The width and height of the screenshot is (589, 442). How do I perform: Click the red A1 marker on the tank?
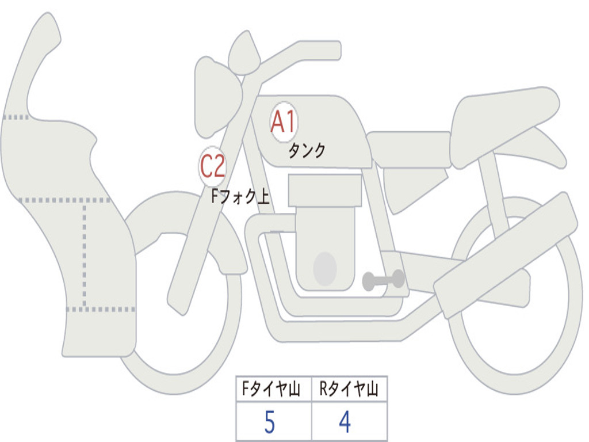pyautogui.click(x=283, y=121)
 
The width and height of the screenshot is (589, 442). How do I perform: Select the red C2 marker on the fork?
pyautogui.click(x=212, y=167)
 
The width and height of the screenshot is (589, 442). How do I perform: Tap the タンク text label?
pyautogui.click(x=307, y=151)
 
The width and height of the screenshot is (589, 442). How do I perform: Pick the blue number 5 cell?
pyautogui.click(x=269, y=423)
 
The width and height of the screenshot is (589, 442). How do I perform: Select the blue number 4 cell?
pyautogui.click(x=345, y=423)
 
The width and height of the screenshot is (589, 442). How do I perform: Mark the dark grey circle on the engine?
pyautogui.click(x=325, y=269)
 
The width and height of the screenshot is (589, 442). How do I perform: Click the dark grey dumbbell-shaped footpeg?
pyautogui.click(x=383, y=280)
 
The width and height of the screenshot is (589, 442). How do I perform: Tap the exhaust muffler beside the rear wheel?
pyautogui.click(x=506, y=253)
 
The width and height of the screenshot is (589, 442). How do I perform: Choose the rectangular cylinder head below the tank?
pyautogui.click(x=325, y=190)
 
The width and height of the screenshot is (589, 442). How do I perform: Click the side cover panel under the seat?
pyautogui.click(x=414, y=184)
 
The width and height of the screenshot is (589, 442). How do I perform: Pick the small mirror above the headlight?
pyautogui.click(x=244, y=54)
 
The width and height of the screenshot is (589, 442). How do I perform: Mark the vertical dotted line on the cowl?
pyautogui.click(x=85, y=253)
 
